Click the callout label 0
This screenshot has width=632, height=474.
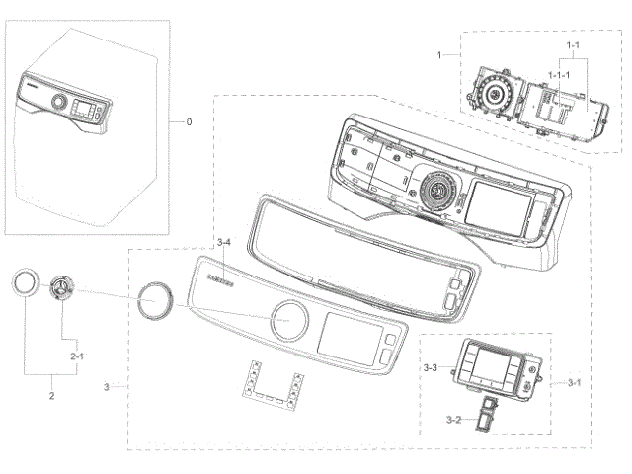point(190,123)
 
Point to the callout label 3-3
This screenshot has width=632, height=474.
point(430,367)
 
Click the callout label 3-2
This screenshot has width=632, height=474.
point(453,420)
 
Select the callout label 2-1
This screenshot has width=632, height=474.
point(76,354)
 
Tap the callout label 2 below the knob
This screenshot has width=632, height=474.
point(51,396)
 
